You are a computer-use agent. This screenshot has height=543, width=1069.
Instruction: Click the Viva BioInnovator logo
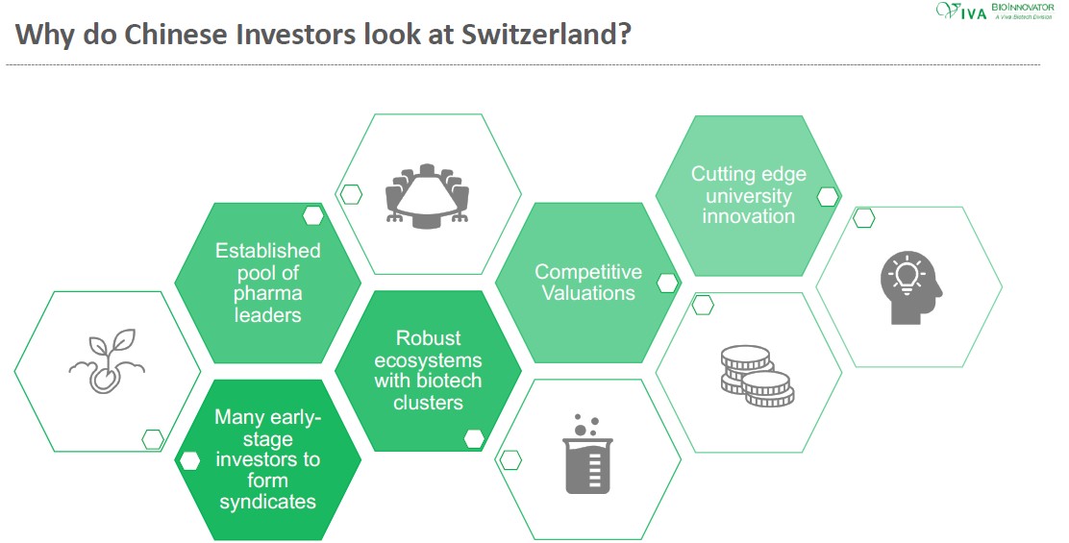tap(995, 11)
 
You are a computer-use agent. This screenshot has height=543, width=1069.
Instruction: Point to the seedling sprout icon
tap(107, 361)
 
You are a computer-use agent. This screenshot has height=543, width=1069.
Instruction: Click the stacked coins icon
tap(758, 376)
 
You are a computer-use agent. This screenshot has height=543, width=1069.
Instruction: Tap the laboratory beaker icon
tap(587, 454)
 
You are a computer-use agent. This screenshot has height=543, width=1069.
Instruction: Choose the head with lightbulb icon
tap(910, 287)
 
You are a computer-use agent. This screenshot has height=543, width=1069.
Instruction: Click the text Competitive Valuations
tap(588, 282)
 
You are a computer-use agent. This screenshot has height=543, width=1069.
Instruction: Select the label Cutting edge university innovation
tap(749, 195)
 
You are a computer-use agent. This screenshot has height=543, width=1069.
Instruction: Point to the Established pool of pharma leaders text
tap(268, 283)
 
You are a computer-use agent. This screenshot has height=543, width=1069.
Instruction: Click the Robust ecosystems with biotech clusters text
tap(428, 370)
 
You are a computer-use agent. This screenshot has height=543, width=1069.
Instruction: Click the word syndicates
tap(267, 502)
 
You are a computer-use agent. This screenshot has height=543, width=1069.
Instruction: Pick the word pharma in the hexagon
tap(268, 294)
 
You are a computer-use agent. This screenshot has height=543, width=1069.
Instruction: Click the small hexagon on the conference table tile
tap(351, 194)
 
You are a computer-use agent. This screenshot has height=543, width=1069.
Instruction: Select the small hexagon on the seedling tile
tap(153, 439)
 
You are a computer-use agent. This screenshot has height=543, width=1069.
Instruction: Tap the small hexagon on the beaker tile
tap(510, 460)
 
